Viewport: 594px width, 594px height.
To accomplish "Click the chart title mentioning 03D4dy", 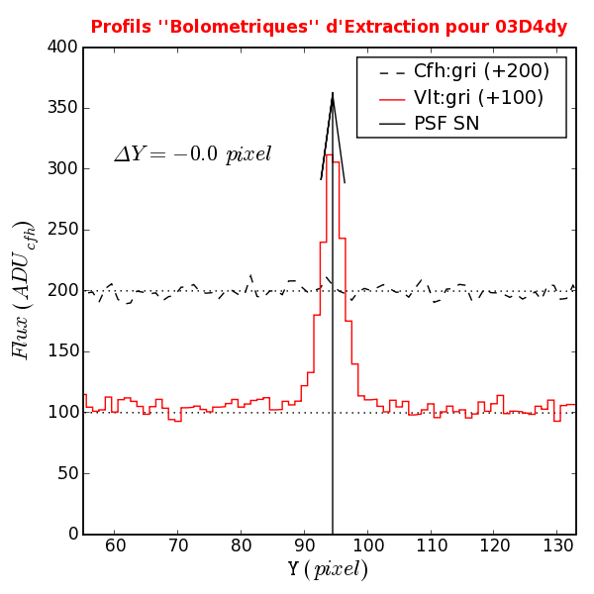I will pos(329,27).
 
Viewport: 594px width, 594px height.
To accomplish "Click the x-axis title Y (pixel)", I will pos(328,571).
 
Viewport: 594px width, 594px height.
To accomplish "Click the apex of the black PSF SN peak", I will pos(333,93).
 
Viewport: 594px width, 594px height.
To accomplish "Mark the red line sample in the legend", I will pos(392,98).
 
